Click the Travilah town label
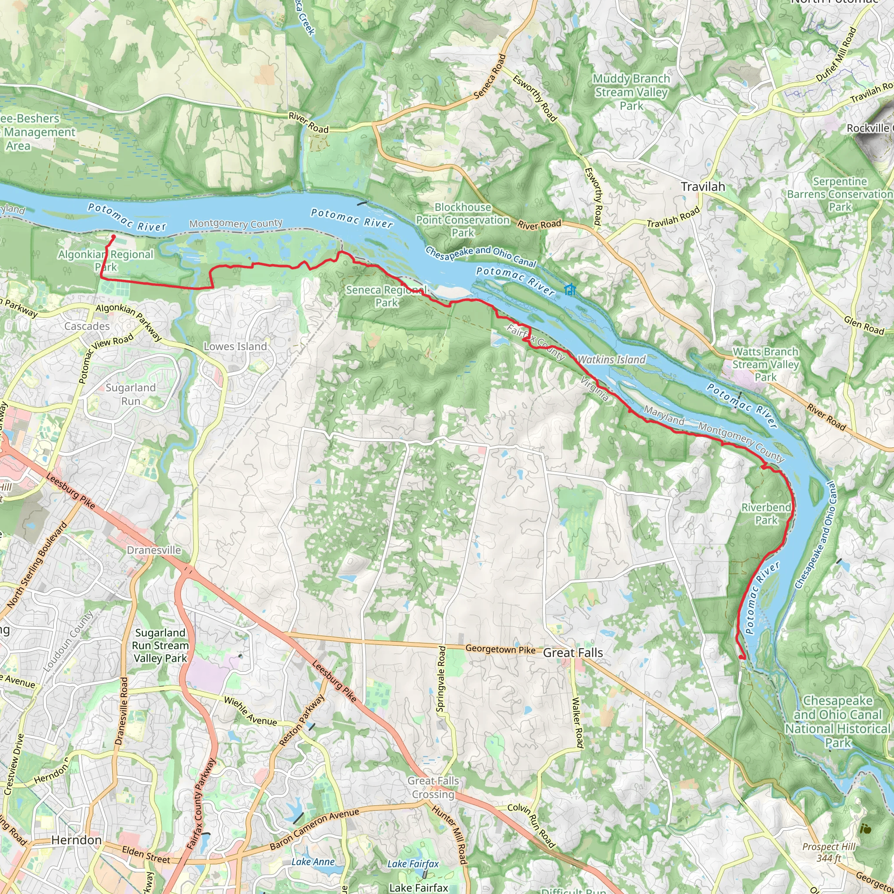(702, 187)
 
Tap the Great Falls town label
(573, 653)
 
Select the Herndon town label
(76, 840)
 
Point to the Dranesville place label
(154, 550)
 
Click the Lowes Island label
(236, 347)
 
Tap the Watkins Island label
(611, 360)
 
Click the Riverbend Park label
(766, 514)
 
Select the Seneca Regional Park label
(387, 296)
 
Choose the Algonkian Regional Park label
(106, 261)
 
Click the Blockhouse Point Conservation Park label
(463, 220)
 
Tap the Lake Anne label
(313, 862)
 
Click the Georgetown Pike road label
(500, 649)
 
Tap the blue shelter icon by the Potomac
(570, 290)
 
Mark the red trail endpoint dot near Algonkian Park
(113, 237)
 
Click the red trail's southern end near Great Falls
(742, 657)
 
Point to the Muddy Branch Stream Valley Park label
(631, 92)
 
